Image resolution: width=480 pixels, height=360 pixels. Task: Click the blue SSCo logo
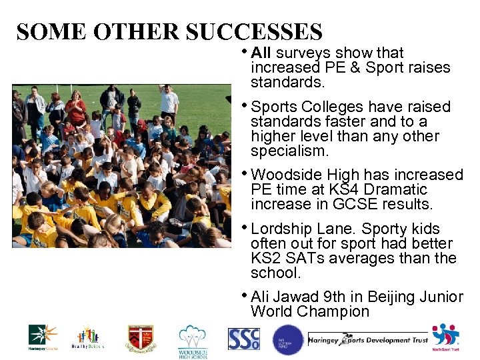[x=243, y=339]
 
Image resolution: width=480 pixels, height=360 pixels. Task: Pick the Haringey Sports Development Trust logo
[x=367, y=340]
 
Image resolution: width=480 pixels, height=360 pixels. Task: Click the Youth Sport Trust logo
[x=445, y=337]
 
